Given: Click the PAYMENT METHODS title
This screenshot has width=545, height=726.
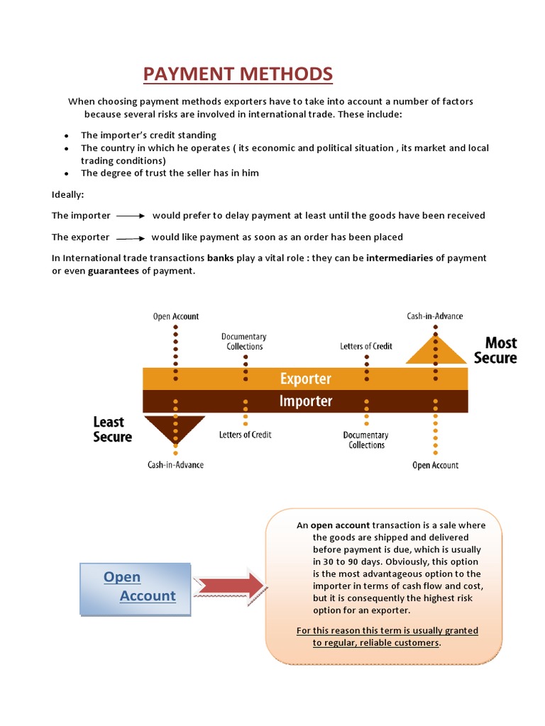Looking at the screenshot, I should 238,74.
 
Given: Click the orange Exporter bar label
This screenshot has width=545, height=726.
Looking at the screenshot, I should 305,379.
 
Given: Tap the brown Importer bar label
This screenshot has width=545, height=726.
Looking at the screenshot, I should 305,402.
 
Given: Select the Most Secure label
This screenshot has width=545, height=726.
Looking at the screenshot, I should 495,350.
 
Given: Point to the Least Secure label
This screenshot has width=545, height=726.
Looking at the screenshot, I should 113,430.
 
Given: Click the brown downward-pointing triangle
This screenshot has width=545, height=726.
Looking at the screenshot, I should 175,429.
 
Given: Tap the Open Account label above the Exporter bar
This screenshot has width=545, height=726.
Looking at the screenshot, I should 176,316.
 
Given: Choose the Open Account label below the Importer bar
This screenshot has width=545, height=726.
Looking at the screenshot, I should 435,465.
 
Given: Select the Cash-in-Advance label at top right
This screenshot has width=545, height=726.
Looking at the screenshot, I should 434,316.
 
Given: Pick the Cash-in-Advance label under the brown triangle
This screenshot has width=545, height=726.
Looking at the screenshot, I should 175,464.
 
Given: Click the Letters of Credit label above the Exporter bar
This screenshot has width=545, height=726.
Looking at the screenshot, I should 366,346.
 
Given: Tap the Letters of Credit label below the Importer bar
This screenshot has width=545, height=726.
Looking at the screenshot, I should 246,434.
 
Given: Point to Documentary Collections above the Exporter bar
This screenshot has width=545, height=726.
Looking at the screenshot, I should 244,341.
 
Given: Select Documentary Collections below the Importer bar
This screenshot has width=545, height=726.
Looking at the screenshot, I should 366,440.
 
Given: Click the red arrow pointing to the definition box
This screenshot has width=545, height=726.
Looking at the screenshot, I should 229,586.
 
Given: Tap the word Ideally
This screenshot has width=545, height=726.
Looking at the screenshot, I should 68,194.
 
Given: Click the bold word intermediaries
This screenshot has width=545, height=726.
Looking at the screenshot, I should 400,258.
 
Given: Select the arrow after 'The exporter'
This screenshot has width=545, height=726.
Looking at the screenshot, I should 131,238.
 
